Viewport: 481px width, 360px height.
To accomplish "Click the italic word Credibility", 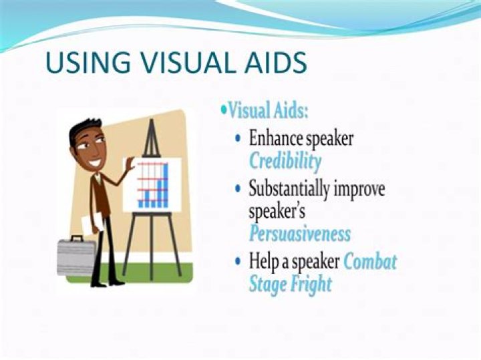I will (285, 161).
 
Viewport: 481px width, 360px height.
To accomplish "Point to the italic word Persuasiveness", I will (299, 234).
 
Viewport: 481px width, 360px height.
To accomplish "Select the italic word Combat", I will (369, 260).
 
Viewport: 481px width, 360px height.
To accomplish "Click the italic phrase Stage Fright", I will (290, 284).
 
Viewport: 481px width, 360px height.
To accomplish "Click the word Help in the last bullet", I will (264, 260).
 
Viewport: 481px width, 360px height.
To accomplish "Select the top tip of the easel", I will (152, 122).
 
